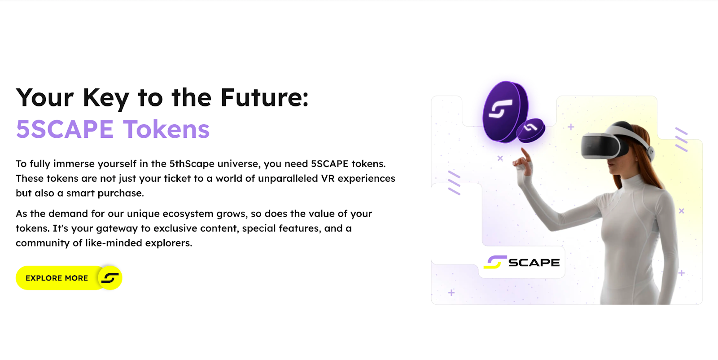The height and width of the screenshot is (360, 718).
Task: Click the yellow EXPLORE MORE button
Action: (69, 278)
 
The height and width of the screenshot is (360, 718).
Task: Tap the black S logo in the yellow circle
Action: (110, 278)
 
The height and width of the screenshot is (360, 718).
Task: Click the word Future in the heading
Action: (264, 97)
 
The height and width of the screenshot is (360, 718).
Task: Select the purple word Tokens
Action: (166, 129)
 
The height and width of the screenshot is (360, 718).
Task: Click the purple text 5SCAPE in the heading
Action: (65, 129)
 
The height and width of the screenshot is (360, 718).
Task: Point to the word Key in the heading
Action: (106, 99)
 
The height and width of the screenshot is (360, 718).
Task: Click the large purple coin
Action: (505, 111)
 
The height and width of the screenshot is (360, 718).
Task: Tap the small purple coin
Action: (531, 130)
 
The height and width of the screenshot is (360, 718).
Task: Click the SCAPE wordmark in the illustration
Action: (534, 263)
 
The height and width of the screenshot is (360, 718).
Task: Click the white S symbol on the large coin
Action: (500, 109)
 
